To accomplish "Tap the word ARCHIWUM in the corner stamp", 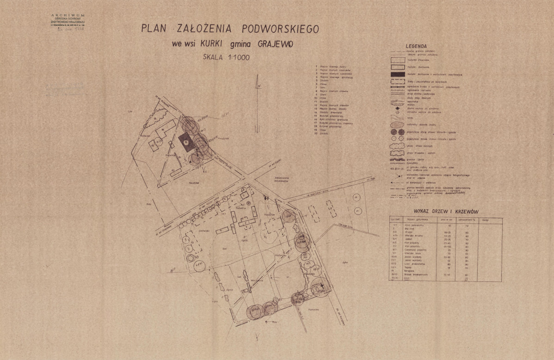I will [70, 15].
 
